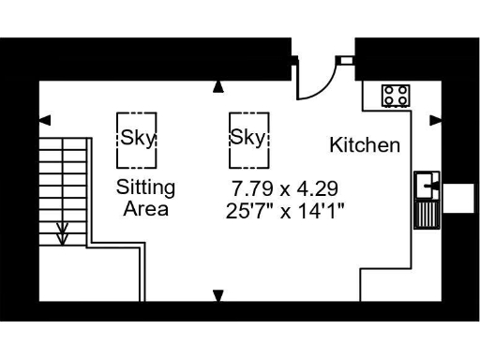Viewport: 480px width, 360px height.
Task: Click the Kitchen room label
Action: (365, 145)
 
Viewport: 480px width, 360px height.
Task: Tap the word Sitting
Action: (145, 187)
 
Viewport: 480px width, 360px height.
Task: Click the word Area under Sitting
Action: (145, 208)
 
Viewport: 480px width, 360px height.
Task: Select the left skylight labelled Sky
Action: (136, 137)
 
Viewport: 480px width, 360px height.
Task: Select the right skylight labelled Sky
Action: (248, 137)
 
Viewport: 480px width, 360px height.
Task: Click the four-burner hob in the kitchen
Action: (395, 95)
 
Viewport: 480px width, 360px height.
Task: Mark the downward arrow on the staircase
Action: (63, 232)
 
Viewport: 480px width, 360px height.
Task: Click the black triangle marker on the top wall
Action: (218, 87)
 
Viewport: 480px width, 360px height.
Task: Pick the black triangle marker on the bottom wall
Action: (218, 296)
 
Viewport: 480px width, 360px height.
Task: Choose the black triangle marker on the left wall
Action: (44, 119)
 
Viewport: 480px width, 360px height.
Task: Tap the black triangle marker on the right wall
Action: (434, 119)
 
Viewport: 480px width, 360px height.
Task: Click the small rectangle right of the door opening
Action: (346, 61)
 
